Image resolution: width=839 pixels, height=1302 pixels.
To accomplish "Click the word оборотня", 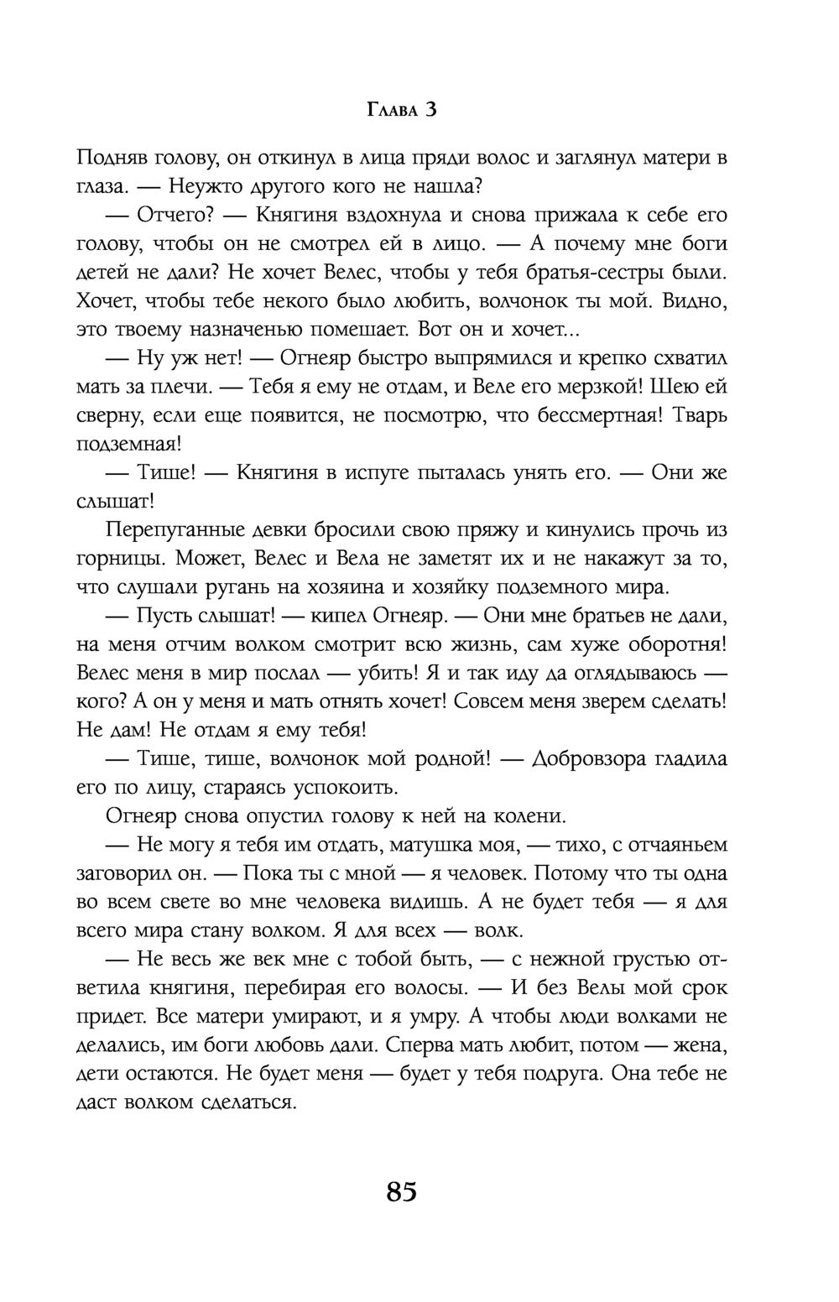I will coord(671,643).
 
